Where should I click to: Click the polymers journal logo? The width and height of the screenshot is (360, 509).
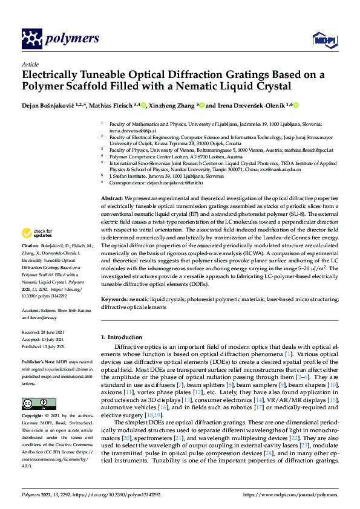pos(60,39)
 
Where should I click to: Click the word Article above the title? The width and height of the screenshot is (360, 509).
pos(30,64)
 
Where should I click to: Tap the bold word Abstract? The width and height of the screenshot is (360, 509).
pos(112,198)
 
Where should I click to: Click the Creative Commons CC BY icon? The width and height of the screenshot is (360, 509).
pos(34,403)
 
